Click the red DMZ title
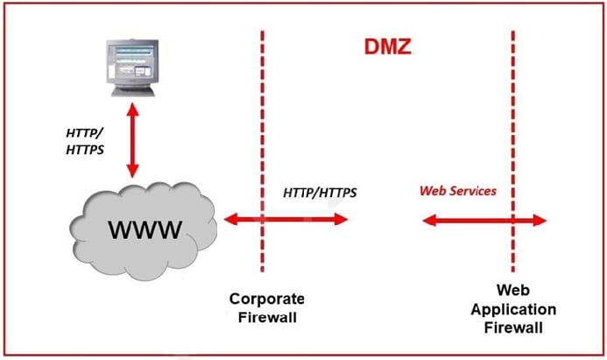(x=387, y=46)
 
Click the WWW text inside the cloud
(x=145, y=230)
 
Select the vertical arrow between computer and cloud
(x=133, y=140)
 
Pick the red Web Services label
(x=458, y=190)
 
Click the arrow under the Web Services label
(x=483, y=221)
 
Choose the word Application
(x=513, y=310)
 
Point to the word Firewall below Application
(x=513, y=327)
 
